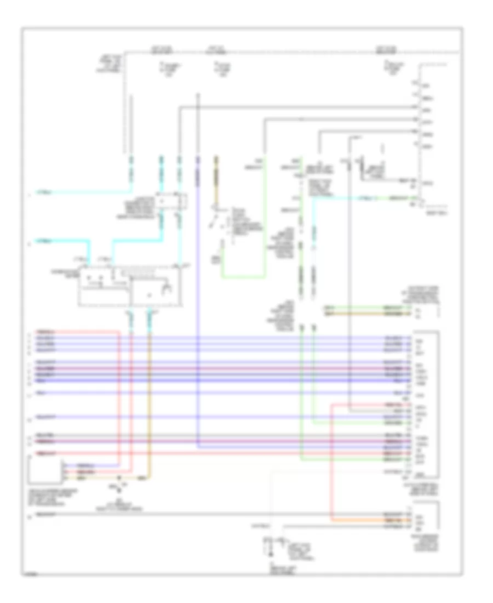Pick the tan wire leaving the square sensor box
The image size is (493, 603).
point(104,477)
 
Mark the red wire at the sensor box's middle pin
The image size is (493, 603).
point(99,471)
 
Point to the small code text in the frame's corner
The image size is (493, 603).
point(30,572)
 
